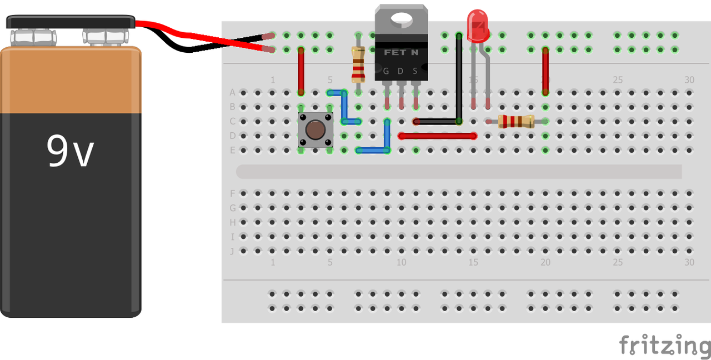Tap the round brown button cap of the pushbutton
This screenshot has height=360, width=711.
tap(316, 129)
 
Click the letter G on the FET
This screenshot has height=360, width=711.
tap(386, 71)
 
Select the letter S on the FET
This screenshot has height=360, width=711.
tap(415, 71)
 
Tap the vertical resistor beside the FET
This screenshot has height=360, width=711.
tap(358, 64)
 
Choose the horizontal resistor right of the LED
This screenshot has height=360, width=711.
tap(516, 121)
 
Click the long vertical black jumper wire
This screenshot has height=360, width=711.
tap(459, 78)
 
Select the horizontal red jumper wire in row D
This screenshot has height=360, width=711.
tap(438, 136)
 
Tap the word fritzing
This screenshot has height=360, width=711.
tap(664, 346)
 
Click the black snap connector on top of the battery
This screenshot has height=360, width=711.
tap(71, 23)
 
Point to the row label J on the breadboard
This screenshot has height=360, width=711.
tap(232, 251)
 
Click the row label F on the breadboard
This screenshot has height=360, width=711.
tap(232, 194)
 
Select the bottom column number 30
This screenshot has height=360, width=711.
tap(689, 262)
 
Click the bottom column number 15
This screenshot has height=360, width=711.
tap(473, 262)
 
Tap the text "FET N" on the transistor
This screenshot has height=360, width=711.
tap(401, 52)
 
